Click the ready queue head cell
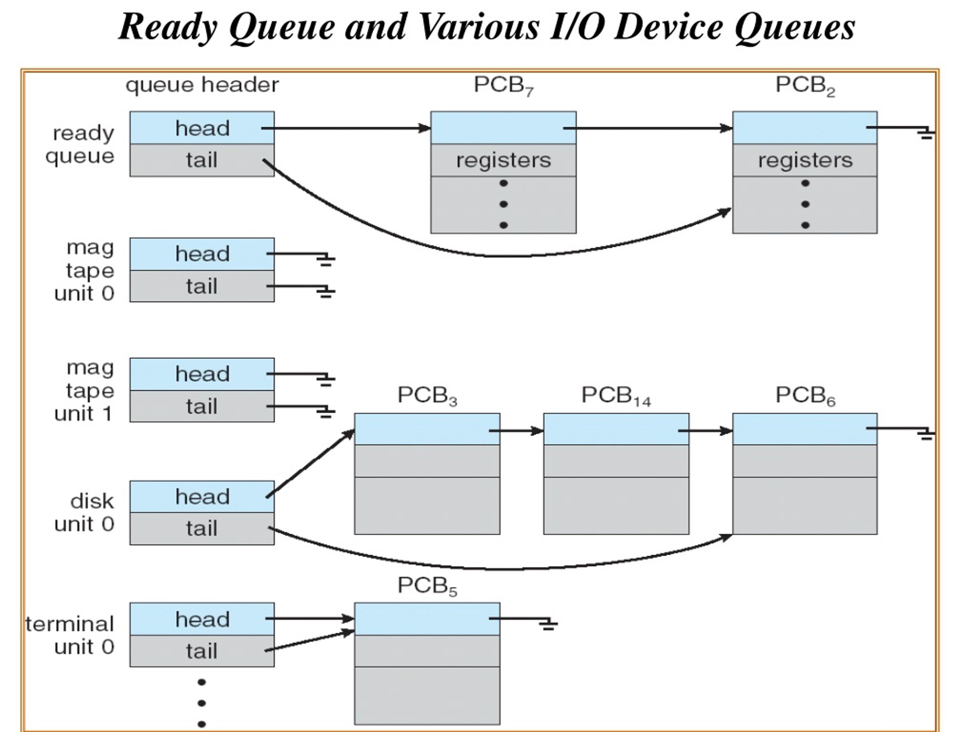pyautogui.click(x=202, y=128)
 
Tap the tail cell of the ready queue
pyautogui.click(x=202, y=160)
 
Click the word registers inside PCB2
pyautogui.click(x=805, y=160)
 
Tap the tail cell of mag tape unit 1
pyautogui.click(x=202, y=406)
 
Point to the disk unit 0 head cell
pyautogui.click(x=202, y=497)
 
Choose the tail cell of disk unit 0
pyautogui.click(x=202, y=528)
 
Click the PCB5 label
pyautogui.click(x=427, y=586)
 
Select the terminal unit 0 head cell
pyautogui.click(x=202, y=620)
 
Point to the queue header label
pyautogui.click(x=202, y=85)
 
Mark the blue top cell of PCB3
pyautogui.click(x=427, y=429)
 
